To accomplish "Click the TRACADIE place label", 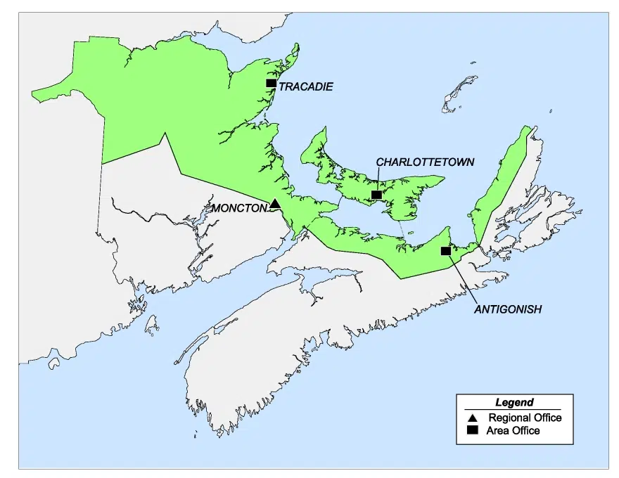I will pyautogui.click(x=305, y=86).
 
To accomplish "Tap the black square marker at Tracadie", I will pyautogui.click(x=271, y=83).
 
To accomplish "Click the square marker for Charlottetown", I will pyautogui.click(x=376, y=195).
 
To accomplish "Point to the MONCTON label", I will pyautogui.click(x=240, y=208).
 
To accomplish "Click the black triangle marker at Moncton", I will pyautogui.click(x=275, y=204).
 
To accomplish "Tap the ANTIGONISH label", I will pyautogui.click(x=507, y=309).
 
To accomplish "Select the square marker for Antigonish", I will pyautogui.click(x=445, y=250).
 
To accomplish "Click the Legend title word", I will pyautogui.click(x=514, y=403).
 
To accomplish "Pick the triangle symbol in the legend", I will pyautogui.click(x=473, y=418).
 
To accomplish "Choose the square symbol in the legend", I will pyautogui.click(x=473, y=430).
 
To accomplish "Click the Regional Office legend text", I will pyautogui.click(x=525, y=418).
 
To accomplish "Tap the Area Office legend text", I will pyautogui.click(x=513, y=430).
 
